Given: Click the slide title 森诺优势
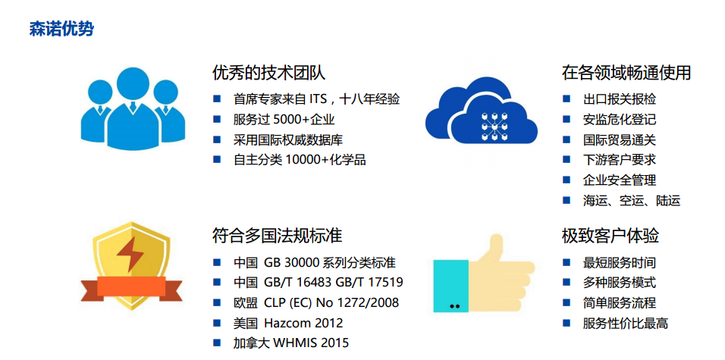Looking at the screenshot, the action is (x=61, y=29).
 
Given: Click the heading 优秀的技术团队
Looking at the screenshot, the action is (x=269, y=73).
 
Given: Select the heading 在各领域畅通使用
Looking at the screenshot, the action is (x=626, y=73).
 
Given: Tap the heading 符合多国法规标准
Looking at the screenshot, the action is (x=277, y=235).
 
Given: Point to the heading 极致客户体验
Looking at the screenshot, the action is (x=610, y=235).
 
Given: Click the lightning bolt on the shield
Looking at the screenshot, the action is (x=130, y=254).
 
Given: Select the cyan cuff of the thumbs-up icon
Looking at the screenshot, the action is (x=450, y=286).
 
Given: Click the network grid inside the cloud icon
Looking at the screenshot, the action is (x=494, y=125).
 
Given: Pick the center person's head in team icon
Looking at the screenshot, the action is (x=132, y=83).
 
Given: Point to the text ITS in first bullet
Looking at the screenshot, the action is (x=317, y=99).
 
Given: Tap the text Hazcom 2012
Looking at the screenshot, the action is (x=303, y=323).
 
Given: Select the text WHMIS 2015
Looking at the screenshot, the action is (x=311, y=343).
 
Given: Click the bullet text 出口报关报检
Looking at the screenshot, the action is (x=620, y=99).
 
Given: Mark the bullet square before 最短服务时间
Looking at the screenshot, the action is (x=567, y=262).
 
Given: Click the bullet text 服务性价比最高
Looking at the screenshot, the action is (x=626, y=323).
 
